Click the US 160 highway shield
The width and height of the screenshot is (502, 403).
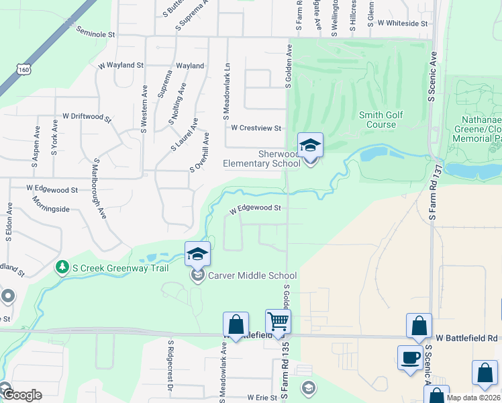pyautogui.click(x=24, y=69)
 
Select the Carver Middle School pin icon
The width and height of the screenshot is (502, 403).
pyautogui.click(x=197, y=255)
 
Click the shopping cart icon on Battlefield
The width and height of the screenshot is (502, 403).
pyautogui.click(x=278, y=322)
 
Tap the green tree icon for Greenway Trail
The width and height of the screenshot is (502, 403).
pyautogui.click(x=62, y=267)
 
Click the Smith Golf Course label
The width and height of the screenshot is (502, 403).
pyautogui.click(x=381, y=120)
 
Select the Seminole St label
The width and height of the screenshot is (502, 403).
pyautogui.click(x=96, y=32)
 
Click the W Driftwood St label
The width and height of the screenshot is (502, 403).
pyautogui.click(x=87, y=117)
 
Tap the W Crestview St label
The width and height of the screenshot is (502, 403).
pyautogui.click(x=255, y=128)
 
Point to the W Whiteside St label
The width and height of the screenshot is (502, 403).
pyautogui.click(x=403, y=24)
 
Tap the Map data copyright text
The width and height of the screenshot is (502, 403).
pyautogui.click(x=472, y=398)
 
